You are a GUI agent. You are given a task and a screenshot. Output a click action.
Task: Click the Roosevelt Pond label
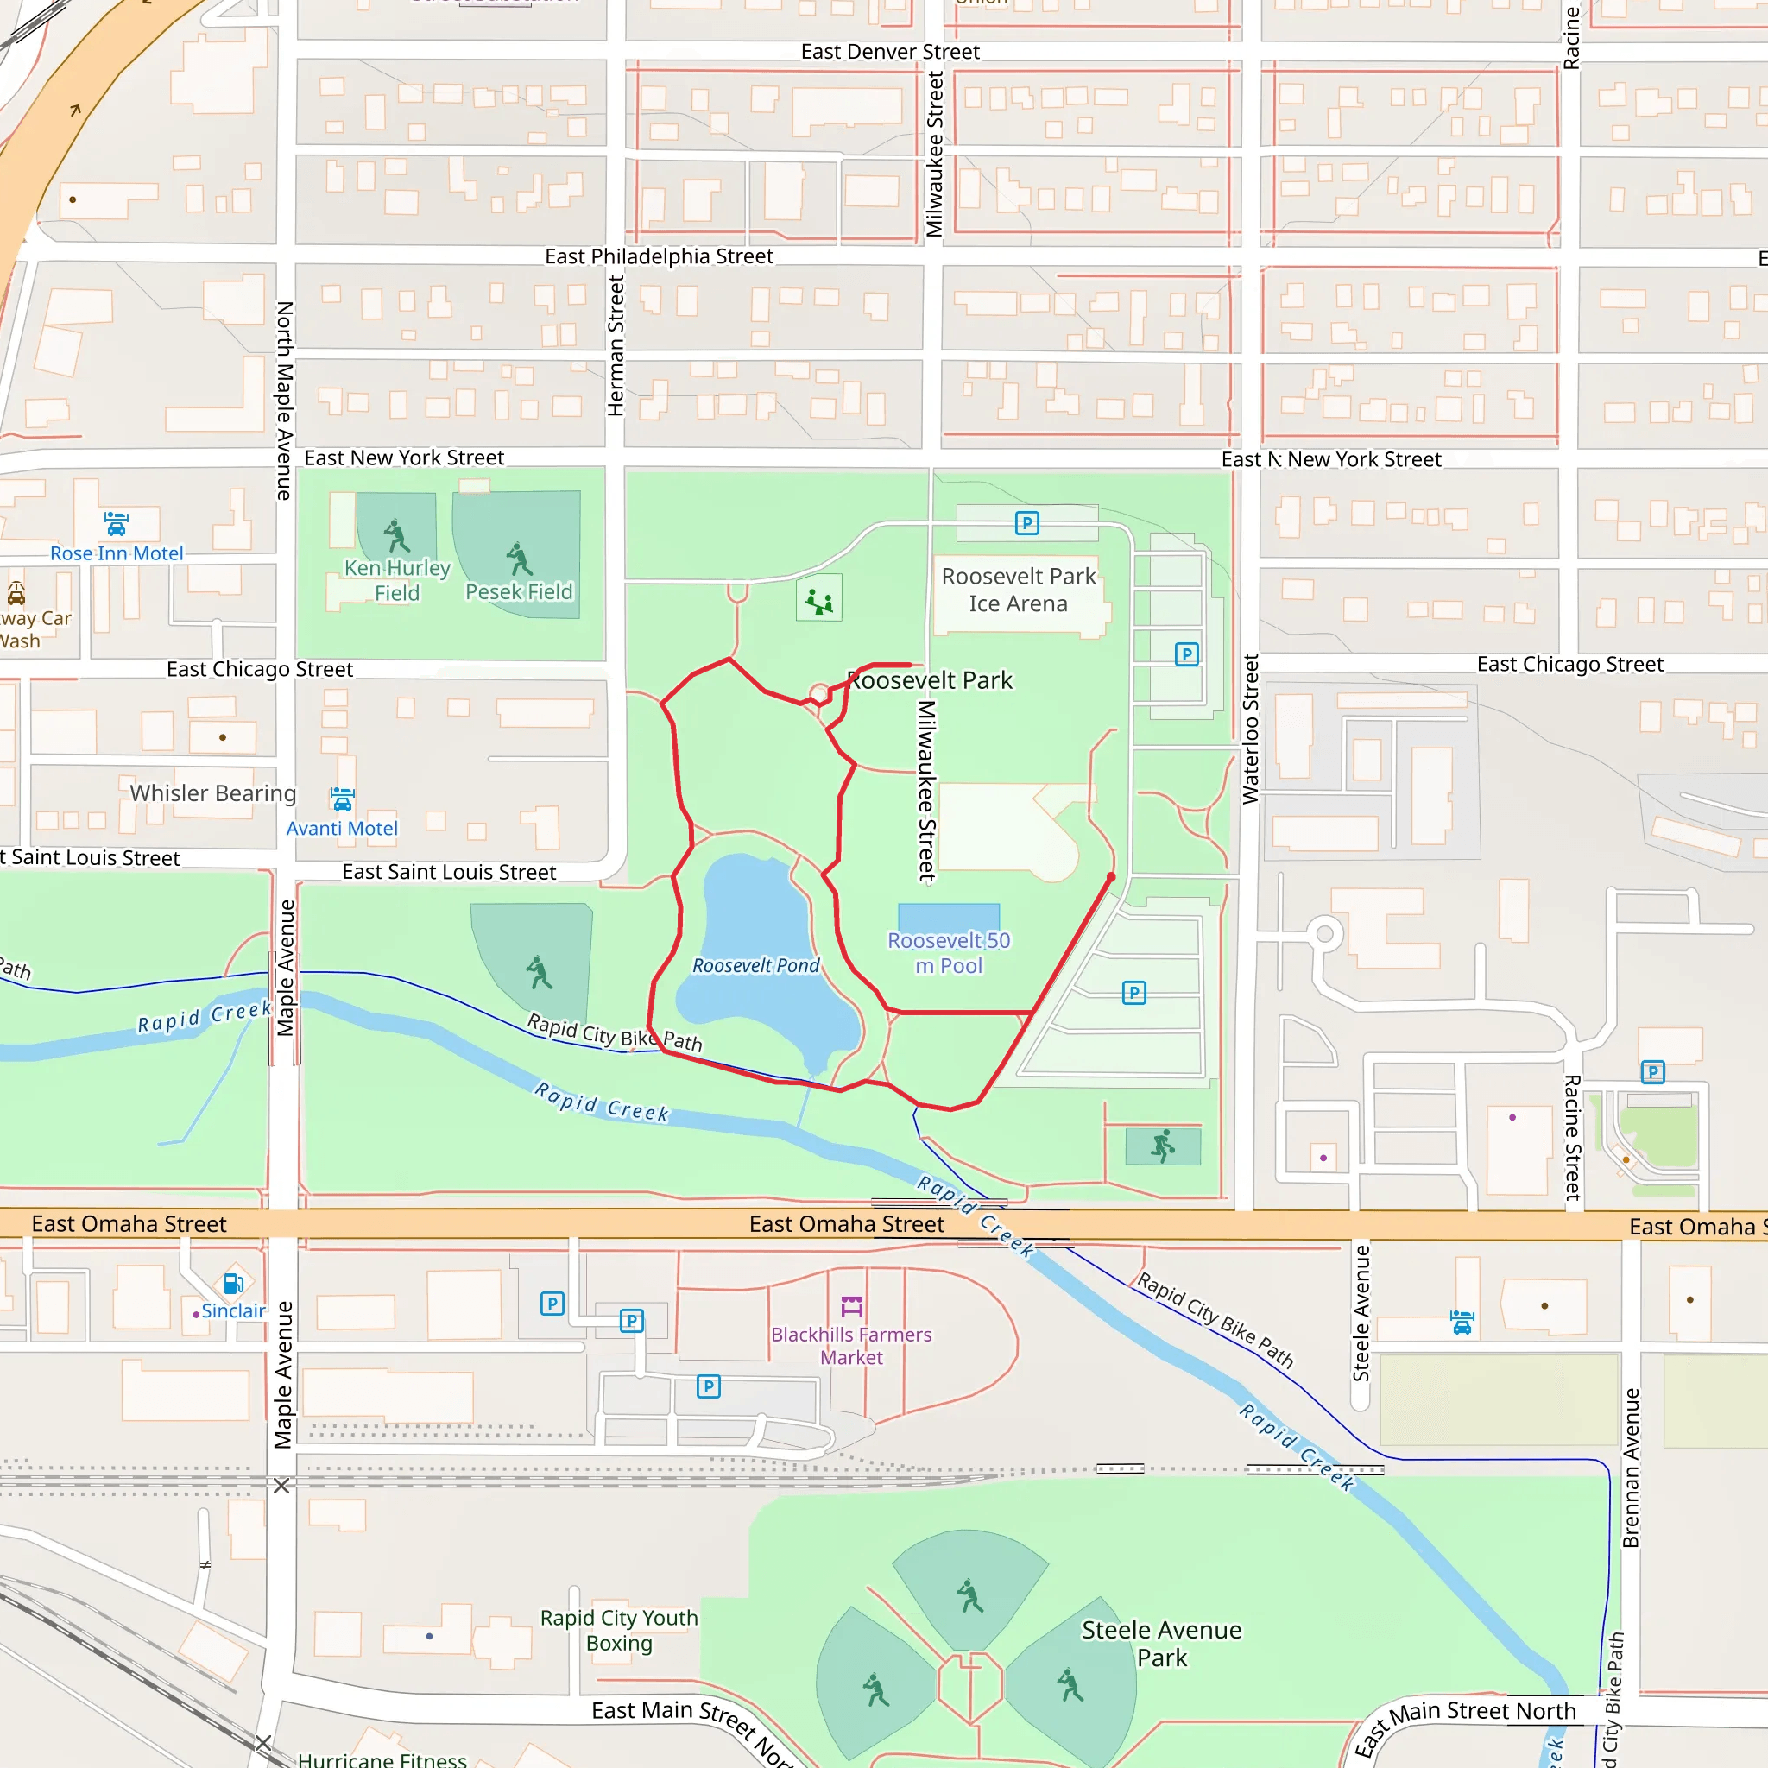point(756,965)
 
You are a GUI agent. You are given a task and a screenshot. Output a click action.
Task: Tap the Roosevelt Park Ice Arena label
point(1019,590)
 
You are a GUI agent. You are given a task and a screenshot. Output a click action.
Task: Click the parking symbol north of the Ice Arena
point(1026,523)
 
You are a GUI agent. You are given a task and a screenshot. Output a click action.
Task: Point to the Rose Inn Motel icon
point(117,524)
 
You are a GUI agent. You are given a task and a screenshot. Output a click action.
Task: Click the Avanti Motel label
point(341,828)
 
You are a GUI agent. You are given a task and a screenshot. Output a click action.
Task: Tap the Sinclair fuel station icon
point(233,1284)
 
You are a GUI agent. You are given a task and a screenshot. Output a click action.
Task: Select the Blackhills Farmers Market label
point(851,1346)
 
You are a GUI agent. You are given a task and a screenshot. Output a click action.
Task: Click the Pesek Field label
point(519,592)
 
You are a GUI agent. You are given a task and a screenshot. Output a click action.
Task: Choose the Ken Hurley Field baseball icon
point(396,536)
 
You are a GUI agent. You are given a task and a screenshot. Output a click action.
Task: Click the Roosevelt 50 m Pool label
point(949,953)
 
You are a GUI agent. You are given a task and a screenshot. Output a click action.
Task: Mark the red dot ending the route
point(1111,877)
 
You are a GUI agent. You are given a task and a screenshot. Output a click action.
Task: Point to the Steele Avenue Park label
point(1161,1644)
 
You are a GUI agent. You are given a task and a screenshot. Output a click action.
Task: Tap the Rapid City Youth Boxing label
point(619,1630)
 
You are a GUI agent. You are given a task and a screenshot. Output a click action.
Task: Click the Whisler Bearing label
point(213,792)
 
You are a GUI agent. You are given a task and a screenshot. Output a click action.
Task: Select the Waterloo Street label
point(1250,729)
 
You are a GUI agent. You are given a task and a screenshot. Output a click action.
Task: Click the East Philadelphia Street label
point(659,256)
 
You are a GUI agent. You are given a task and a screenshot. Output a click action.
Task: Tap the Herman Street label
point(616,346)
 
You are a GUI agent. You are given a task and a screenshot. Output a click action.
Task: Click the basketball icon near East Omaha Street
point(1162,1146)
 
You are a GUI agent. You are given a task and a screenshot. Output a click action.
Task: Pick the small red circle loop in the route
point(820,695)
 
